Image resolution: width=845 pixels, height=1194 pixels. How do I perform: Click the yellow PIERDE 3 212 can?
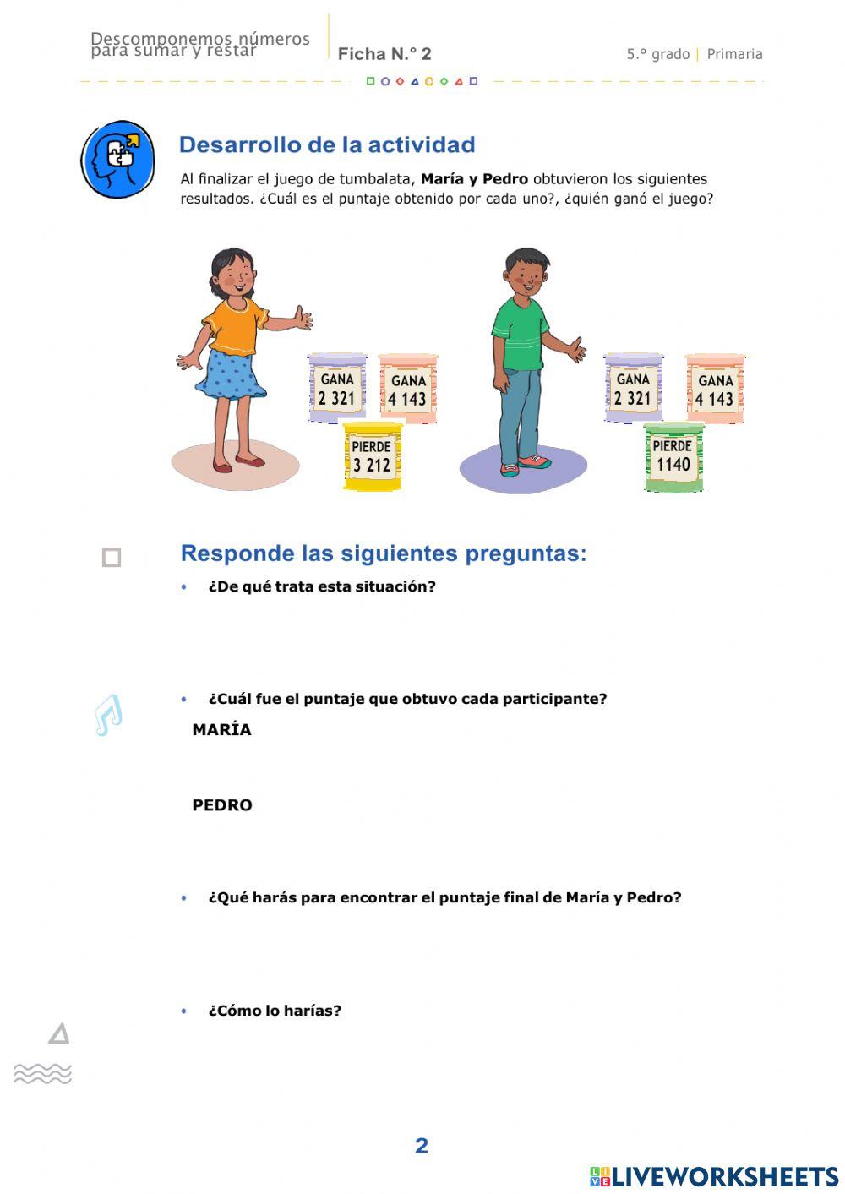coord(373,456)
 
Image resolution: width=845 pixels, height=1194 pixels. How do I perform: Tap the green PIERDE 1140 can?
coord(673,457)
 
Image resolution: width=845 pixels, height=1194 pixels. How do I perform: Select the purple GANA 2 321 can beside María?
coord(337,388)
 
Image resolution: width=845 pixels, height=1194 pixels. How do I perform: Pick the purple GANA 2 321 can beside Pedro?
coord(633,388)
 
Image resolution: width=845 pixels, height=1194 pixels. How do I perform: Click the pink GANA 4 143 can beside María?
coord(408,389)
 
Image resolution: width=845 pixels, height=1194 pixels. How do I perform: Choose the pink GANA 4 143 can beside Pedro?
coord(715,389)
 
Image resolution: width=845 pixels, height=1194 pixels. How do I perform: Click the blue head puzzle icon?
coord(117,159)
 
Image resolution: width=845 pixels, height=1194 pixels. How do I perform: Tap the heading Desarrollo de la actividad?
coord(327,144)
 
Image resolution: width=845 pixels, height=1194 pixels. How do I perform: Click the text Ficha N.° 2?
coord(384,54)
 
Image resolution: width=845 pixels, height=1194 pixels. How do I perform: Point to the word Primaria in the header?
coord(734,54)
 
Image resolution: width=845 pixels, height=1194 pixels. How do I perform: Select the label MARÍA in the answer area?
coord(221,730)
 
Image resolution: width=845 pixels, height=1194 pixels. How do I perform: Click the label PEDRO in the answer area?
coord(222,805)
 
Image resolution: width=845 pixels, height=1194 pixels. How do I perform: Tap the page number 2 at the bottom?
coord(422,1146)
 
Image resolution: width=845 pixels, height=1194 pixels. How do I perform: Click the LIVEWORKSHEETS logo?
coord(714,1176)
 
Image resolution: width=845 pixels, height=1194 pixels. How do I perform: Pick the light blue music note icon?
coord(108,715)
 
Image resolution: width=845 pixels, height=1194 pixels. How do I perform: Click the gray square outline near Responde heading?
coord(112,558)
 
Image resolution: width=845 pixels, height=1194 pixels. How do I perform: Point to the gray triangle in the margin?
coord(59,1033)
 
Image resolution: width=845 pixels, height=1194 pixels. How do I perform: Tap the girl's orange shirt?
coord(232,325)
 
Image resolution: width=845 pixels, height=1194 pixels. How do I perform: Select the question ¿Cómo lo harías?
coord(275,1011)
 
